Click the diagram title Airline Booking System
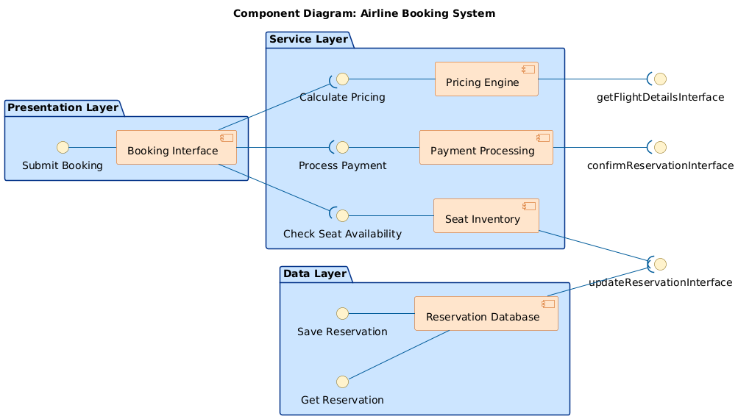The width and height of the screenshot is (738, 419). [x=363, y=13]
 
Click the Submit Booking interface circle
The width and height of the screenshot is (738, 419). [x=63, y=147]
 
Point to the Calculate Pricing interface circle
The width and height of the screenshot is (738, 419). [x=342, y=79]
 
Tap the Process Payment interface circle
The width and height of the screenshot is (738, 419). [x=342, y=147]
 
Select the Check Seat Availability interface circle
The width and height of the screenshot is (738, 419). [x=342, y=215]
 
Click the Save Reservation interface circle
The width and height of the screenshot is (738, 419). [x=342, y=313]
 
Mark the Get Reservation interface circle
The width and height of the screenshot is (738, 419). [x=342, y=382]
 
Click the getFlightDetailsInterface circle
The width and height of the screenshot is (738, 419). [x=661, y=79]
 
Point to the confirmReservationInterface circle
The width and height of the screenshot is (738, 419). [x=661, y=147]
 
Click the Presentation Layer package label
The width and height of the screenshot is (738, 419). [x=63, y=108]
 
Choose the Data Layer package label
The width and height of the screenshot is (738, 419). [x=314, y=274]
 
